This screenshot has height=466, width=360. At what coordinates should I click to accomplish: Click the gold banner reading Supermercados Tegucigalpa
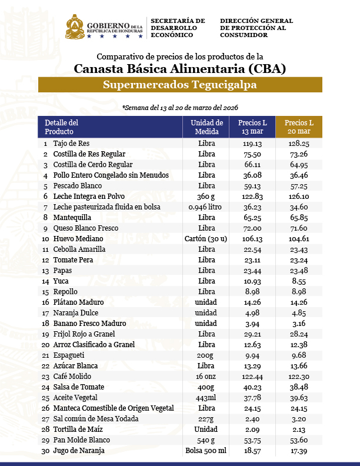coord(180,85)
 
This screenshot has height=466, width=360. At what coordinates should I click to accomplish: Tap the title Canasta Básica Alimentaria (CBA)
coord(180,69)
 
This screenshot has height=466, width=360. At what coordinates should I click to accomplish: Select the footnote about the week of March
coord(180,108)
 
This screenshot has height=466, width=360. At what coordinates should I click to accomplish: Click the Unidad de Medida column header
coord(206,127)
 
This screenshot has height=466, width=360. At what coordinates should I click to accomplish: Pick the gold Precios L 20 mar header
coord(299,127)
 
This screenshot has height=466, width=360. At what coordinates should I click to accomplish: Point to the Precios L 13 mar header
coord(252,127)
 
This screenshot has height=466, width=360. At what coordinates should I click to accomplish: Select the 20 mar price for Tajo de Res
coord(299,143)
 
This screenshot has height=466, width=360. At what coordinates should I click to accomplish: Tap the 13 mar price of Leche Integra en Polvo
coord(252,196)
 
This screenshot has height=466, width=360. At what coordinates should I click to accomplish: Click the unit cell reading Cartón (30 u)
coord(206,238)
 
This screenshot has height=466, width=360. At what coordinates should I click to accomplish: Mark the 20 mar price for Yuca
coord(299,281)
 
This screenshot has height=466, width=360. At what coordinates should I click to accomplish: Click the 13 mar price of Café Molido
coord(252,377)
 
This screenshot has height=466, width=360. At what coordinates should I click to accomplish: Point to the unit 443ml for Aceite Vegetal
coord(206,398)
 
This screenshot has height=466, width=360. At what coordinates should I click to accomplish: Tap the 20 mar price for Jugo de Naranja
coord(299,451)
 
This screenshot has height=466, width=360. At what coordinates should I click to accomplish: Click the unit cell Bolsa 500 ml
coord(206,451)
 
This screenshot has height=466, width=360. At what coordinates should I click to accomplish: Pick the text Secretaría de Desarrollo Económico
coord(178,28)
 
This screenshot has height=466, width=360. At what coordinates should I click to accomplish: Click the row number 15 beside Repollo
coord(45,292)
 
